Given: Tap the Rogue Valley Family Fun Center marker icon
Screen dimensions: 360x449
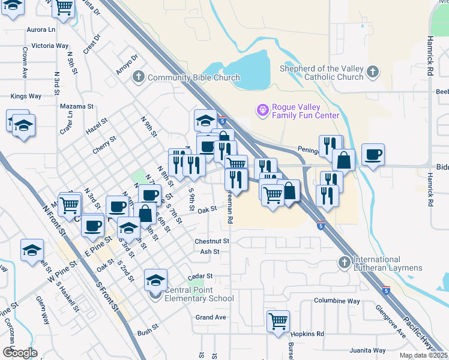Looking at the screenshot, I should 262,110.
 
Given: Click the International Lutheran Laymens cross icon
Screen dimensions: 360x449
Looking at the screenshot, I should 345,262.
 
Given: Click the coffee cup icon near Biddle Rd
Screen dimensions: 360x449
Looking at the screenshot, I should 373,154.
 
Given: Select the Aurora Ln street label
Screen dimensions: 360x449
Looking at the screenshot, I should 41,29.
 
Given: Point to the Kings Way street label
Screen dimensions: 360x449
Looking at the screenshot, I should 26,96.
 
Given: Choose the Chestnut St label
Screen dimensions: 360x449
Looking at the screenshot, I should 212,241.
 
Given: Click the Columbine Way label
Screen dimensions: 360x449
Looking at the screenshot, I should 337,301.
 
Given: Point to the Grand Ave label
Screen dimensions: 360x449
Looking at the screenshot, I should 211,317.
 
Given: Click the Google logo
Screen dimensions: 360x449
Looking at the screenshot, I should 20,353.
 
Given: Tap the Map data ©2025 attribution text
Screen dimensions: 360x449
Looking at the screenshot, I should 423,356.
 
